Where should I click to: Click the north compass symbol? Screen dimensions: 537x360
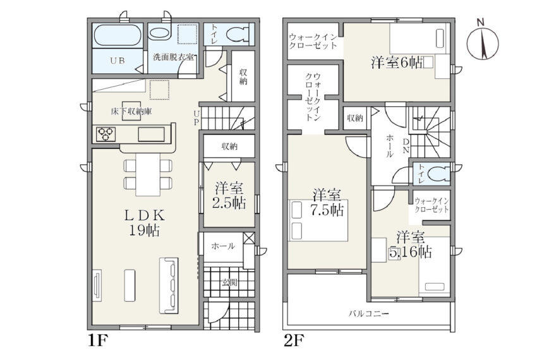[x=482, y=40]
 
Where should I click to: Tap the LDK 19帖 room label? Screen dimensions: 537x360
[x=145, y=223]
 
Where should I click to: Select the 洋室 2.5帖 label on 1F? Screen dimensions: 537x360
[x=229, y=196]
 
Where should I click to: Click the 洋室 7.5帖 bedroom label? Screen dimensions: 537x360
[x=327, y=203]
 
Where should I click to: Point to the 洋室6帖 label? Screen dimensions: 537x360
[x=397, y=63]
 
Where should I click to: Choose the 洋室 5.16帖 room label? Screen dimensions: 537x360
[x=410, y=244]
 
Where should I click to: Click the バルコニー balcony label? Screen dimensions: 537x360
[x=369, y=313]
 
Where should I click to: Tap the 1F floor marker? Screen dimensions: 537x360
[x=99, y=340]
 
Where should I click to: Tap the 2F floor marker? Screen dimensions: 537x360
[x=294, y=340]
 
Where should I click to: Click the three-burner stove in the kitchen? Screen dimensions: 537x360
[x=106, y=134]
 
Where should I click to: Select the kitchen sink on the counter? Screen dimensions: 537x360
[x=152, y=134]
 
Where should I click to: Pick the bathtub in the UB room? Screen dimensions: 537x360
[x=117, y=35]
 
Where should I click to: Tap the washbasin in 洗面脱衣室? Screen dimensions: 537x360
[x=160, y=33]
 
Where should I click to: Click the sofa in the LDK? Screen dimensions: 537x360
[x=169, y=285]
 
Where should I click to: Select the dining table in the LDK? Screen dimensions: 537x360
[x=148, y=174]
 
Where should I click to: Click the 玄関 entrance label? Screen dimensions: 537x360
[x=229, y=282]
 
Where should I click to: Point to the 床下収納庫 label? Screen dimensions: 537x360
[x=131, y=111]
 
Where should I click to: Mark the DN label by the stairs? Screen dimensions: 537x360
[x=406, y=145]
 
